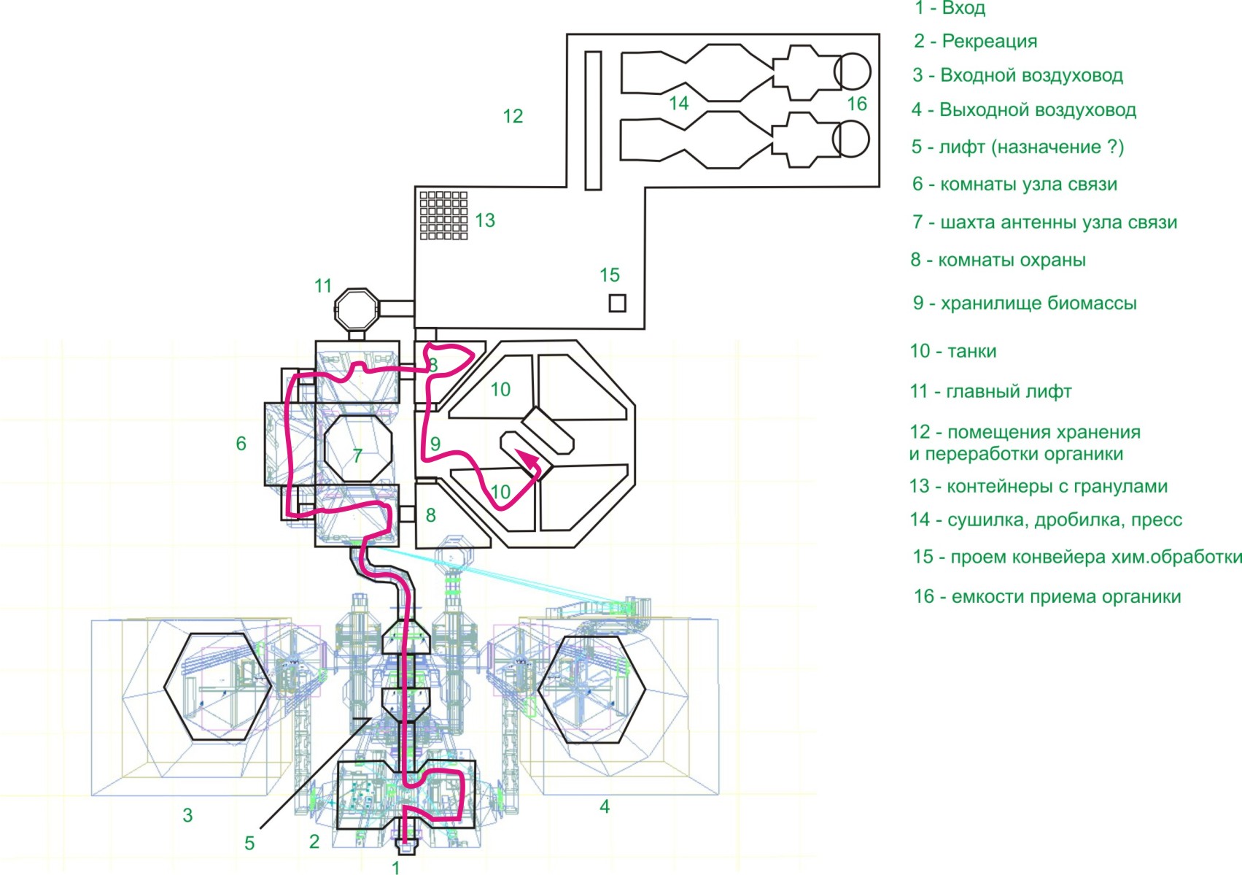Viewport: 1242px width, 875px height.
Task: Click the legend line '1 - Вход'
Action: point(950,8)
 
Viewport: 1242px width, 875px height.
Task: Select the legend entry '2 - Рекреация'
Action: point(975,41)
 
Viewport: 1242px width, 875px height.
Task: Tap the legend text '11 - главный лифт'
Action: point(990,391)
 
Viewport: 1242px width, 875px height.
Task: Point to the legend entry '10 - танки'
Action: point(952,351)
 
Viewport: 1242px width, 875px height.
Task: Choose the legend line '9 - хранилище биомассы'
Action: point(1025,303)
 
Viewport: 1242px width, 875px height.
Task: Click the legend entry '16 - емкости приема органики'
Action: point(1047,596)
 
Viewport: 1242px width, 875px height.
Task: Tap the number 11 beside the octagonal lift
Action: point(323,286)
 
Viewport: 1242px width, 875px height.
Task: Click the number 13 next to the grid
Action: point(485,220)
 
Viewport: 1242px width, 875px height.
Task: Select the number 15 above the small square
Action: point(610,274)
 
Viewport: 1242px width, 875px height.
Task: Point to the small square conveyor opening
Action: point(618,303)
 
